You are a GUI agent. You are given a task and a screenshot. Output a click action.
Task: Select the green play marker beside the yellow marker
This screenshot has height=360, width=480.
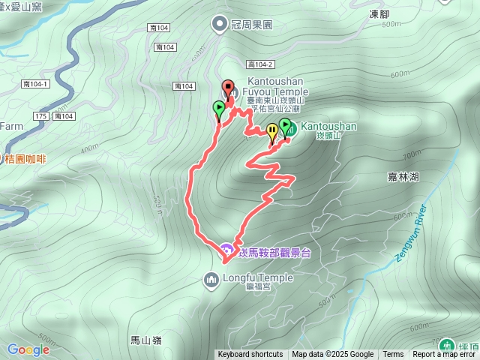pos(285,125)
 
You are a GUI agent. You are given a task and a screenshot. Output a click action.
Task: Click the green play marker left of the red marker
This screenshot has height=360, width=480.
pos(218,109)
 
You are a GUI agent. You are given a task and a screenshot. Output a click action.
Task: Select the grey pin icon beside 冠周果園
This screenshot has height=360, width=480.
pos(220,24)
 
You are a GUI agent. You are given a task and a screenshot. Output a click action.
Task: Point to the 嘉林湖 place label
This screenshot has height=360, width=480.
pos(403,176)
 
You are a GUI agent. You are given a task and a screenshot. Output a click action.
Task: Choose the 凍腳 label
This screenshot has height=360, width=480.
pos(381,13)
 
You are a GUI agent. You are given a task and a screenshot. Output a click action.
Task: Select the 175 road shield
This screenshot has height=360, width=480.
pos(40,116)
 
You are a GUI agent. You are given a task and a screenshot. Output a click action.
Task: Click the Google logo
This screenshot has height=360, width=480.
pos(28,349)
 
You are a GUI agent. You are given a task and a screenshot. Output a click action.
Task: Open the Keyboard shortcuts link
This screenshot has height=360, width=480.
pos(250,355)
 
